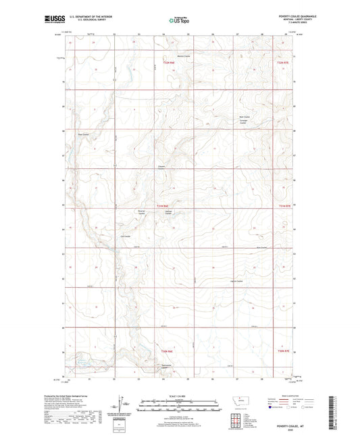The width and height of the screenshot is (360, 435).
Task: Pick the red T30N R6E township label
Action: pos(167,351)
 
